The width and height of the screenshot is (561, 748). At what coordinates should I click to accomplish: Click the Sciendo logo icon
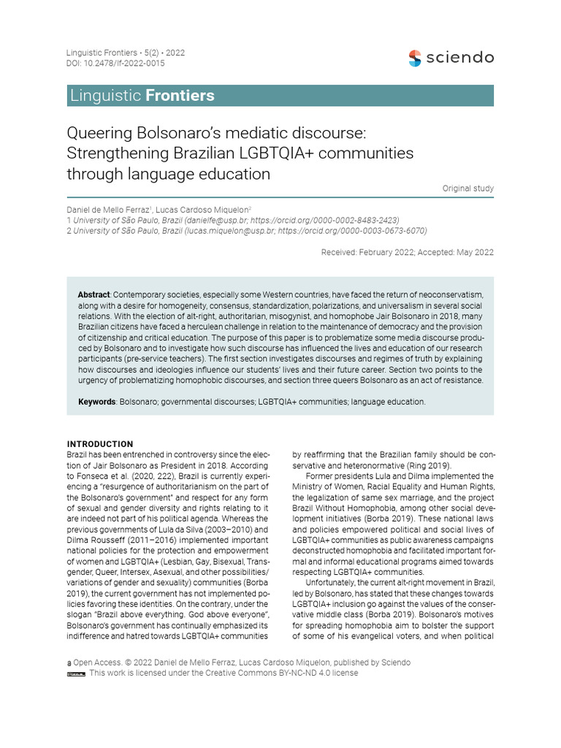coord(415,58)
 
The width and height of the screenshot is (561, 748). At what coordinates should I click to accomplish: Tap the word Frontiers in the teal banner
coord(180,96)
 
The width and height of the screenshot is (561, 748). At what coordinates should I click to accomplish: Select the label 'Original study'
coord(467,188)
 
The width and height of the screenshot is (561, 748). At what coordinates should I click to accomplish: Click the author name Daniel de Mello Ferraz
coord(110,210)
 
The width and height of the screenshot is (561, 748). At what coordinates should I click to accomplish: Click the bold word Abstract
coord(93,294)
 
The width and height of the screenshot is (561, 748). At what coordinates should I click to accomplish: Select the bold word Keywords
coord(96,402)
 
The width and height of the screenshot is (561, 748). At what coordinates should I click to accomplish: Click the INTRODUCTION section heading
coord(100,443)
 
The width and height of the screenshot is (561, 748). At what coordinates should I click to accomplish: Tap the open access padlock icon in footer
coord(69,663)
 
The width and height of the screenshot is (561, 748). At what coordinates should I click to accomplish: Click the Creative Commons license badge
coord(76,673)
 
